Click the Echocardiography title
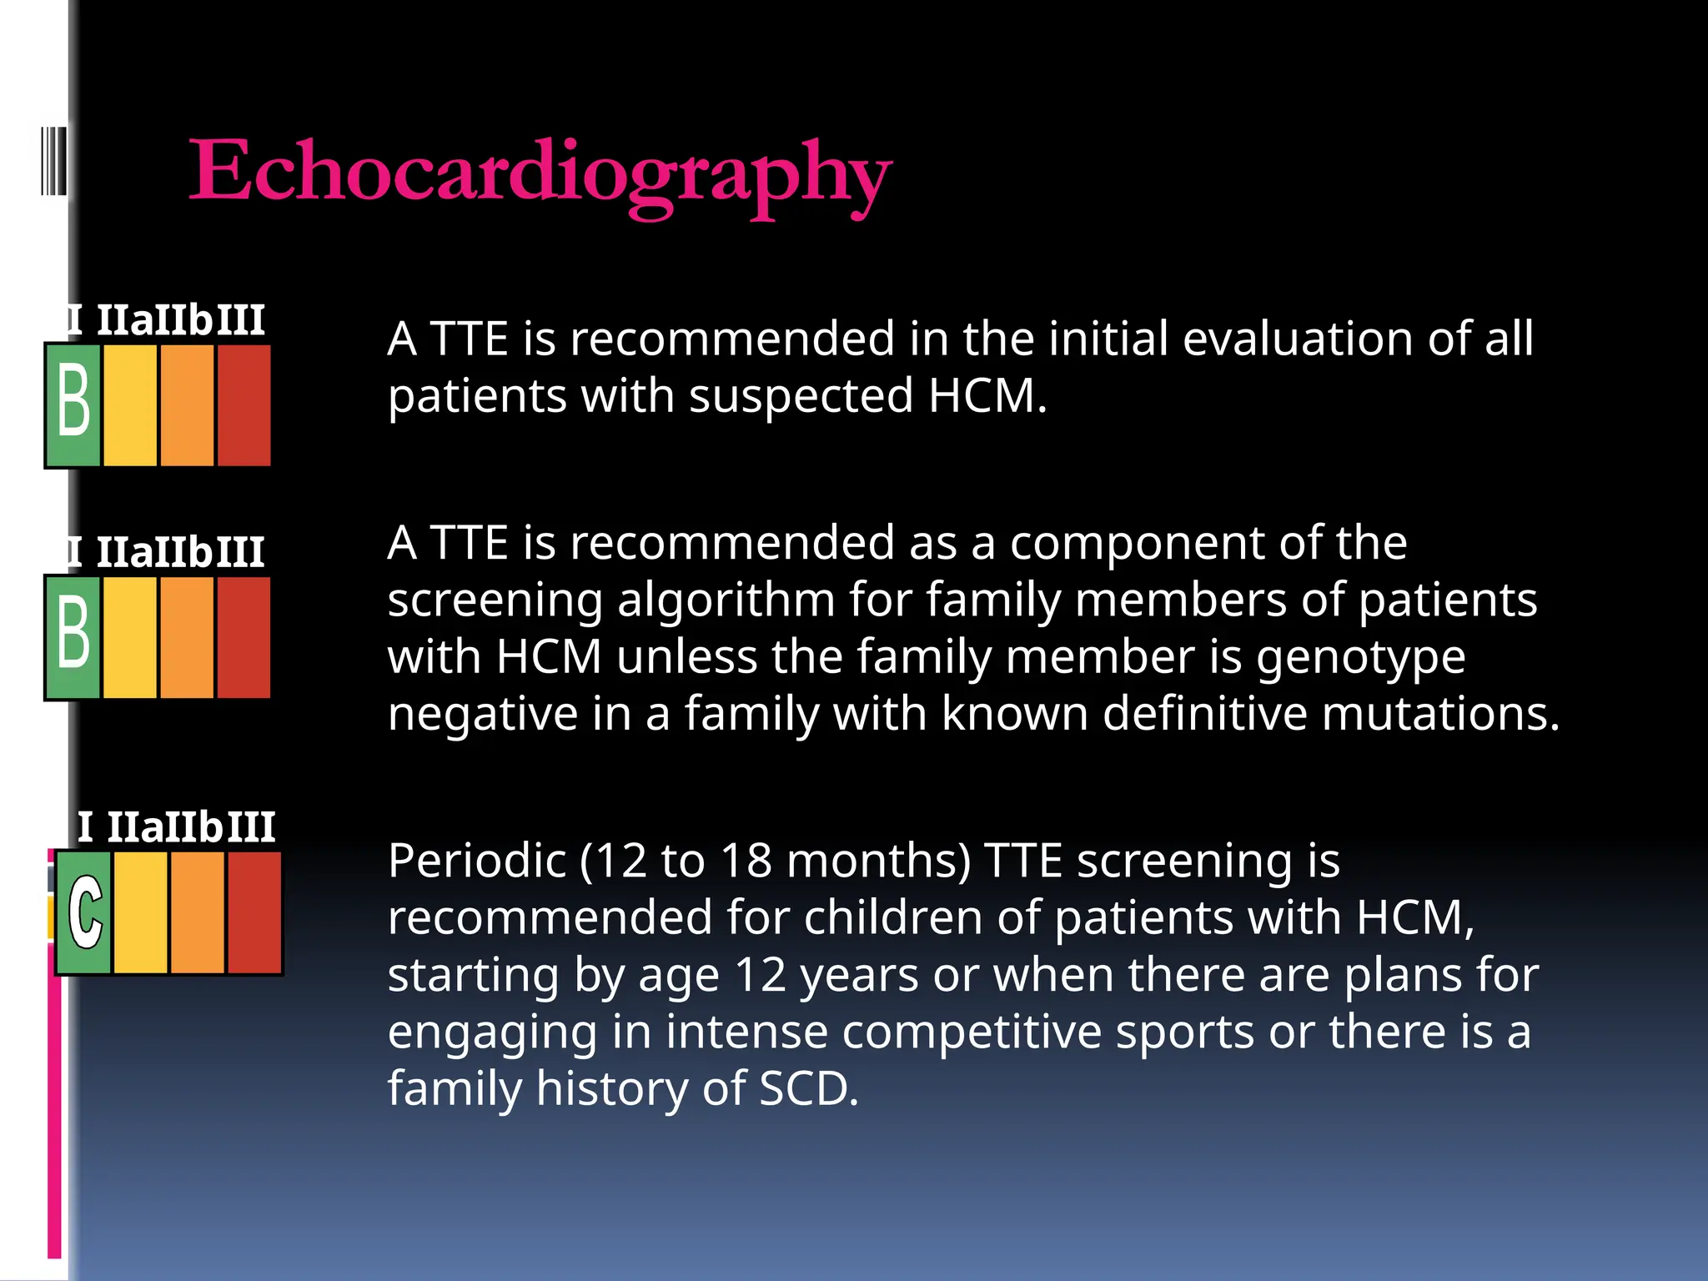coord(540,173)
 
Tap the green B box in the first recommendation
coord(73,404)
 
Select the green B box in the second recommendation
coord(73,636)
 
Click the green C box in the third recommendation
coord(84,912)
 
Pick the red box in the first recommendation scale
coord(244,404)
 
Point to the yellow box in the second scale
coord(130,636)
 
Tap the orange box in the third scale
coord(198,912)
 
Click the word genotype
coord(1361,657)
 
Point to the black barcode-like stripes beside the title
coord(54,160)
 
